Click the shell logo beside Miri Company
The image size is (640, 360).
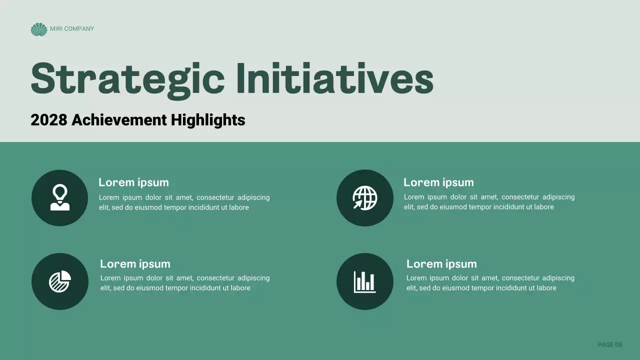[38, 29]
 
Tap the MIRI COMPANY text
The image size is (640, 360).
[72, 29]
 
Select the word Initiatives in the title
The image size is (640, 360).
[334, 79]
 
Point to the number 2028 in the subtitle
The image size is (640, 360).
[48, 120]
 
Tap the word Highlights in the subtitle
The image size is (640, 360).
[207, 120]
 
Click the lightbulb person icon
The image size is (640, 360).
[60, 197]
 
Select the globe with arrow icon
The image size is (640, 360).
[365, 197]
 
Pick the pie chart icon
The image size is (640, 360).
[60, 281]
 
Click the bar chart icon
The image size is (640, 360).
[365, 281]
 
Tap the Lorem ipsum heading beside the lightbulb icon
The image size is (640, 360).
[133, 182]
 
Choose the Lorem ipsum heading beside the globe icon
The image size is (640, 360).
[438, 182]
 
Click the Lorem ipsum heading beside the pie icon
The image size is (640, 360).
[135, 264]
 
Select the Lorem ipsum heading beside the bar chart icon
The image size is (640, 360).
[441, 264]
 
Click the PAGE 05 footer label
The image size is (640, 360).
[610, 344]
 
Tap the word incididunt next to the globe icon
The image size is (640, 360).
[509, 207]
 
